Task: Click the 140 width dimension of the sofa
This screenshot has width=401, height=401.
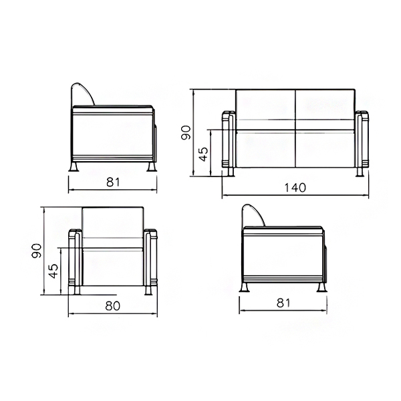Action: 295,187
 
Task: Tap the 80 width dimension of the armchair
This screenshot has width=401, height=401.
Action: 113,305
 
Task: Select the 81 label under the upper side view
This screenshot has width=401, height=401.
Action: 113,182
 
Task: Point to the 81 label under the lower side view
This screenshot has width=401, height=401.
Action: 283,303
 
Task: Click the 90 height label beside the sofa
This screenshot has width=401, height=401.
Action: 186,132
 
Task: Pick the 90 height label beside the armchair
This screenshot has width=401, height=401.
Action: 36,251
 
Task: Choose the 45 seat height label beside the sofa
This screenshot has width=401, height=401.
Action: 204,154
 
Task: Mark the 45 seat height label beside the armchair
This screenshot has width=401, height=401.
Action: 53,271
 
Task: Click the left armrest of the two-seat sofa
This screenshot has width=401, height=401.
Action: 229,140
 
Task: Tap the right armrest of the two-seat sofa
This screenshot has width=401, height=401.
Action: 362,140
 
